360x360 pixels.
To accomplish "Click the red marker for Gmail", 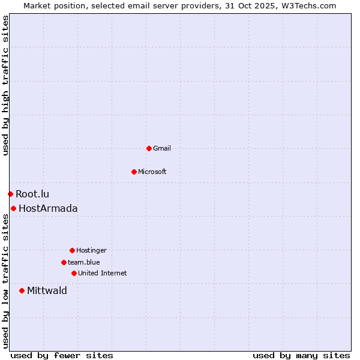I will (149, 148).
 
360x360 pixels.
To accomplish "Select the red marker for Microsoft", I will (134, 172).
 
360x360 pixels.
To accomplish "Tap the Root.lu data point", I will (10, 194).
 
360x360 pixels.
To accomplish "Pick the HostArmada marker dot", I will (13, 208).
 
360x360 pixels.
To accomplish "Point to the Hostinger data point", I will (72, 250).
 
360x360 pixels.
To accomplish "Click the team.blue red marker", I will (64, 262).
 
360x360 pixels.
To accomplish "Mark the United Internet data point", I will (74, 273).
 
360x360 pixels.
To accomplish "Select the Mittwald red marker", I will (22, 290).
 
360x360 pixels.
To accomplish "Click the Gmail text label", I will (162, 148).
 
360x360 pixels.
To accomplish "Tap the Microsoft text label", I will (152, 172).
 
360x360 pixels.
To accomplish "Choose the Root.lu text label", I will (32, 194).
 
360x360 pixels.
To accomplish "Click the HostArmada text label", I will (48, 208).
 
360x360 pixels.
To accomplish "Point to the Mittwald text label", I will (47, 290).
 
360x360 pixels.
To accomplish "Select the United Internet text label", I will (102, 273).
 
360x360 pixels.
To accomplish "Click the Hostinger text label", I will (91, 250).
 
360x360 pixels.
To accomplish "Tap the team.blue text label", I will (83, 262).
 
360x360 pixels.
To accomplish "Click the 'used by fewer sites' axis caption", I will (62, 355).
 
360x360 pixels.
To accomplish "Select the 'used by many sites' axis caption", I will (301, 355).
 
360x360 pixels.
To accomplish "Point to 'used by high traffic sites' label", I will (5, 85).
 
